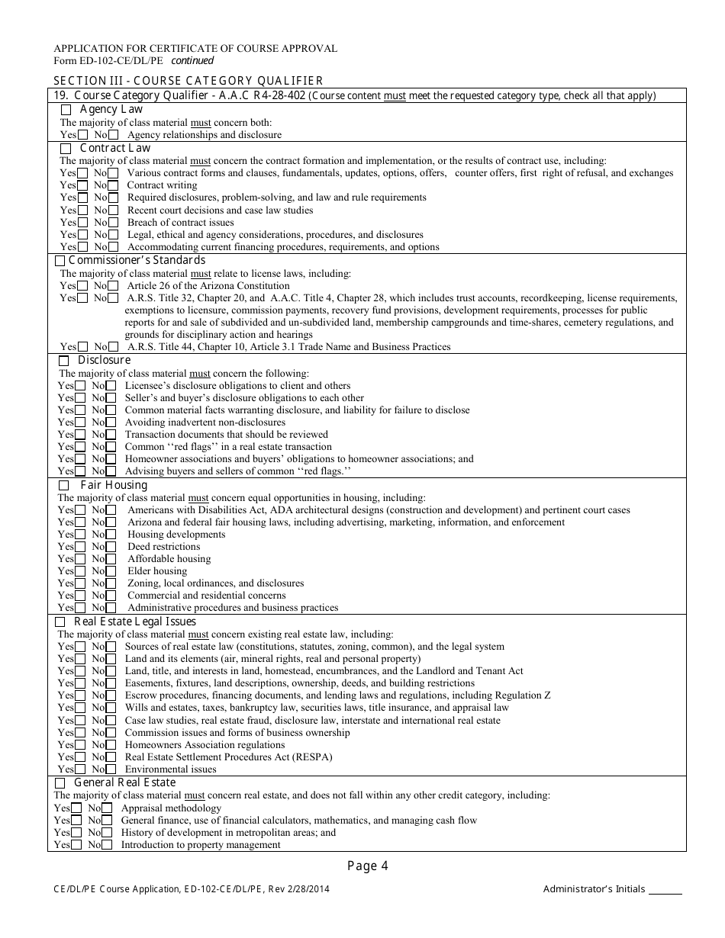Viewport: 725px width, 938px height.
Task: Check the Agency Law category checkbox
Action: [x=66, y=110]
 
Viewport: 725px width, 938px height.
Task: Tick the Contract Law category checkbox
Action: [x=66, y=148]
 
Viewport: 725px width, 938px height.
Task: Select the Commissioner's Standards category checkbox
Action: [x=60, y=261]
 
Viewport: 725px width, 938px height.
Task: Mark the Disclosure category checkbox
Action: [x=64, y=360]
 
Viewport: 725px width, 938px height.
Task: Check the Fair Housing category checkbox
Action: [x=64, y=486]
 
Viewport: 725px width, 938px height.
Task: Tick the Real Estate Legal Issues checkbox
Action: [x=61, y=622]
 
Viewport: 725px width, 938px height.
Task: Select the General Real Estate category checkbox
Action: [x=60, y=783]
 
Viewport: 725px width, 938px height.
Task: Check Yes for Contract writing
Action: [x=82, y=185]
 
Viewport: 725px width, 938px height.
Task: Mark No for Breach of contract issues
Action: [x=113, y=223]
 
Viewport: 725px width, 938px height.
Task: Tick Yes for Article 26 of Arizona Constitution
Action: [x=82, y=286]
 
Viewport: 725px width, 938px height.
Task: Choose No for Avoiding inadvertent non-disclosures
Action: [x=111, y=422]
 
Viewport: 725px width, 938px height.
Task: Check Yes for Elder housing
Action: [x=80, y=571]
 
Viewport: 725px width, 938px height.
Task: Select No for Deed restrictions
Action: [x=111, y=547]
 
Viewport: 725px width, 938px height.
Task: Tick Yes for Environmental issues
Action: [x=80, y=769]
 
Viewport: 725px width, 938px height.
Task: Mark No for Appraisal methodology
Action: [x=107, y=808]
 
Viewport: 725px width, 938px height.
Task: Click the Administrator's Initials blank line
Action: [x=665, y=889]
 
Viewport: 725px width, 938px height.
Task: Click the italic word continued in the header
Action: [x=192, y=61]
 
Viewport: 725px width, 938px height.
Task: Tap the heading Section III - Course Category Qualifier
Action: [x=188, y=81]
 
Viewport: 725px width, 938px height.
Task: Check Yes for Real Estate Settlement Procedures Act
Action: [x=80, y=757]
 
